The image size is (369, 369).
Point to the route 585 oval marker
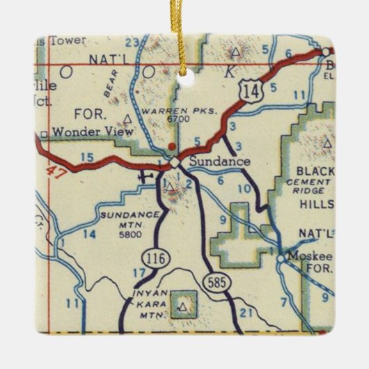pos(217,280)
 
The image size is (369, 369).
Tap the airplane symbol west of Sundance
pos(145,175)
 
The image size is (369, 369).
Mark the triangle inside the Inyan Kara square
pos(182,305)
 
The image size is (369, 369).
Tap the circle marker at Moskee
pos(281,258)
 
